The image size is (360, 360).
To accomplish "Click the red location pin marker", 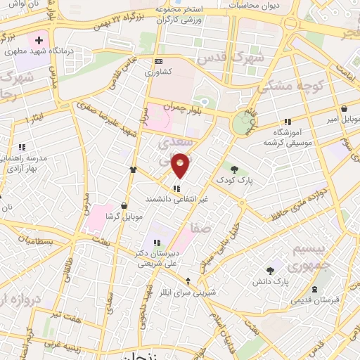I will tap(181, 165).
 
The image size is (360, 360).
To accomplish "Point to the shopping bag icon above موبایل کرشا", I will tap(124, 206).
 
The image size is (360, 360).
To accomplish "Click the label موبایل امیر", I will tap(342, 120).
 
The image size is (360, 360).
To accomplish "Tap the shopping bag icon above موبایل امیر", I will tap(343, 108).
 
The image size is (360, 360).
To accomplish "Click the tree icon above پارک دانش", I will tap(270, 270).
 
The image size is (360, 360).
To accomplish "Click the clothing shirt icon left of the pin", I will tap(132, 169).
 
